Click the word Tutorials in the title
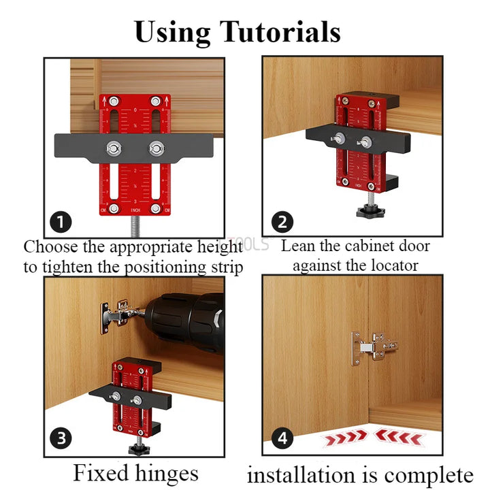[280, 32]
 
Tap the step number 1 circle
[61, 222]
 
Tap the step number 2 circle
[282, 222]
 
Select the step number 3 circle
[61, 439]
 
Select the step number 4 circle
[282, 439]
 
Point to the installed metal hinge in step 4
[373, 347]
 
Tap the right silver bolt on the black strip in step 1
[157, 147]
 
